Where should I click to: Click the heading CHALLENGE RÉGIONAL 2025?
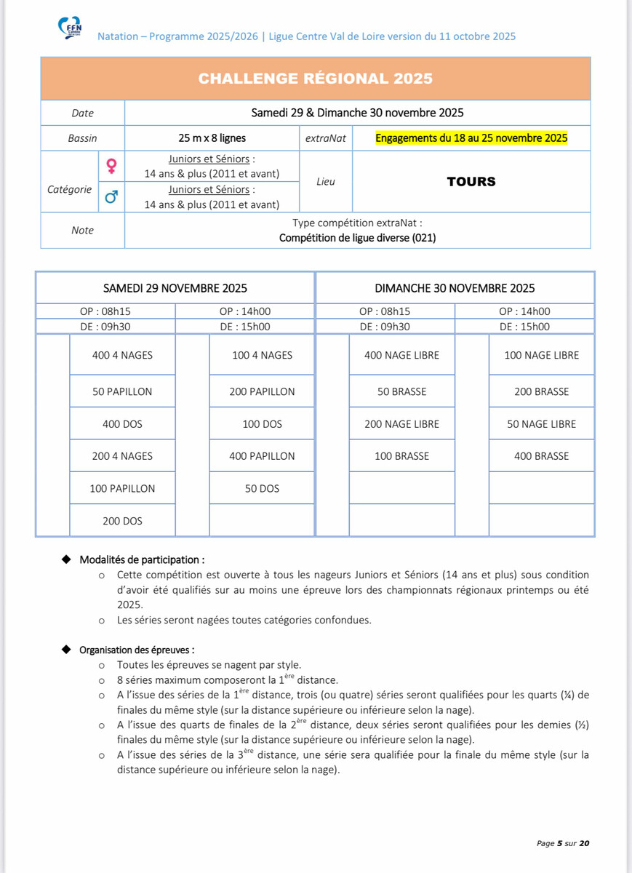[x=315, y=79]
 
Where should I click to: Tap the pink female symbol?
[x=111, y=167]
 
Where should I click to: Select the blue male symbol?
[x=111, y=197]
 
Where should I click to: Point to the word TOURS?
[x=471, y=182]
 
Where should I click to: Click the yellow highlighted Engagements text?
[x=471, y=137]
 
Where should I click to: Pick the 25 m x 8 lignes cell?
[x=212, y=137]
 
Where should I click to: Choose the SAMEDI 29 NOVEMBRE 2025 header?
[x=175, y=287]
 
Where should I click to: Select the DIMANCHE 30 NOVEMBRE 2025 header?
[x=455, y=287]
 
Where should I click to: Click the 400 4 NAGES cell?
[x=122, y=355]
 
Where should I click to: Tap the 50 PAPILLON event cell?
[x=122, y=391]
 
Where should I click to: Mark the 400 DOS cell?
[x=122, y=423]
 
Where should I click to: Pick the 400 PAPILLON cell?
[x=262, y=456]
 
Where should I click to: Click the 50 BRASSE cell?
[x=401, y=391]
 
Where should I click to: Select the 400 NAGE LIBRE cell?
[x=401, y=355]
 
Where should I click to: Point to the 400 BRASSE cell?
[x=541, y=456]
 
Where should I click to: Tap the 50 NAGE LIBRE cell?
[x=541, y=423]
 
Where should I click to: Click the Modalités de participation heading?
[x=142, y=560]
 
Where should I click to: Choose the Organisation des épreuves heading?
[x=137, y=650]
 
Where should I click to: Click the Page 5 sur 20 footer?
[x=562, y=843]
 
